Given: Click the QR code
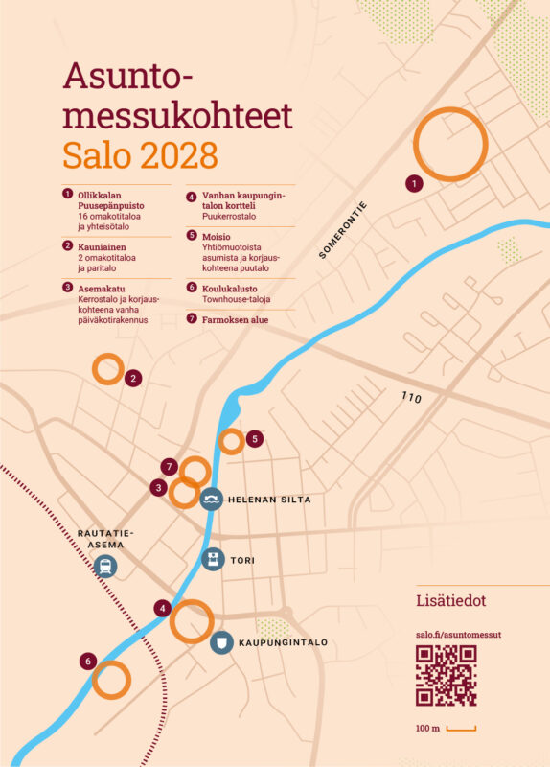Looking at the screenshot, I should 446,676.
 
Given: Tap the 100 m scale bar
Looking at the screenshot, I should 461,730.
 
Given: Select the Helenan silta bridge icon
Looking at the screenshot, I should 213,499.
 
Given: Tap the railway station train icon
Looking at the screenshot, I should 104,566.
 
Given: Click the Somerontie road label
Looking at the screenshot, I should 343,232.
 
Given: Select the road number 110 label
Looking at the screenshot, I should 412,397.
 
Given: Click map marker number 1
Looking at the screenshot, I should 414,182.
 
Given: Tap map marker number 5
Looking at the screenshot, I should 254,439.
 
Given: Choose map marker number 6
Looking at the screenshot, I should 88,661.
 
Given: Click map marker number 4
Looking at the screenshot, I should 164,608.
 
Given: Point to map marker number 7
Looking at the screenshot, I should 170,467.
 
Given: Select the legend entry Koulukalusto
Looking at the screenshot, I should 222,289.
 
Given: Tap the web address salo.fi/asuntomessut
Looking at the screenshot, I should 460,635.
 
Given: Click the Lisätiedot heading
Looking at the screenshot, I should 451,601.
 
